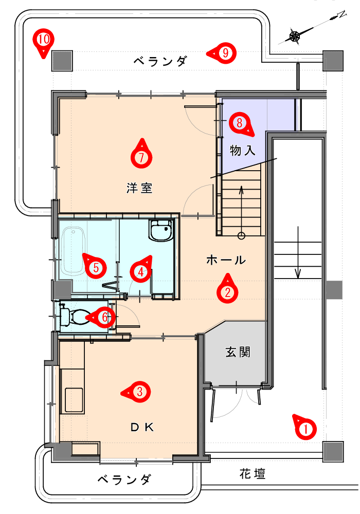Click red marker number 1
point(304,427)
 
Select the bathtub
point(73,250)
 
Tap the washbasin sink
point(161,230)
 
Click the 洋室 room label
point(139,188)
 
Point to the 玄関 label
point(238,352)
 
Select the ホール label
point(226,260)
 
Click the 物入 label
point(242,150)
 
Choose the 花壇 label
point(252,473)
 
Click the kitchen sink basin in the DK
point(74,399)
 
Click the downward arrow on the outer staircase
point(298,252)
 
